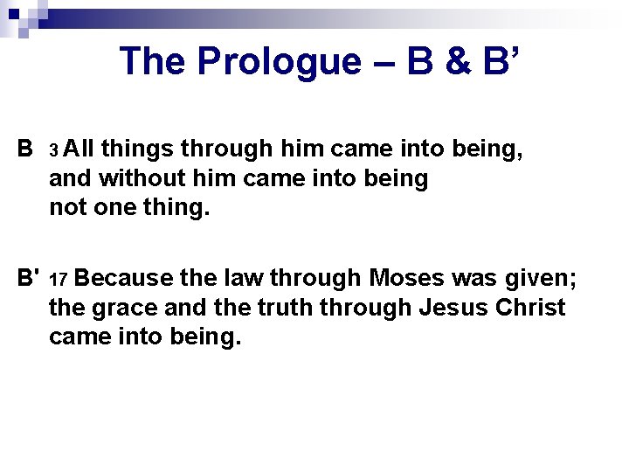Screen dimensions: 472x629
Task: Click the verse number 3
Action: tap(53, 152)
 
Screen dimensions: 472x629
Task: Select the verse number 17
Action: tap(58, 281)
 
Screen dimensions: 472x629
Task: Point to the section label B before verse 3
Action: tap(25, 149)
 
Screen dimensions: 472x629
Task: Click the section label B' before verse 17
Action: tap(29, 279)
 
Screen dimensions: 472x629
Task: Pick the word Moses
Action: tap(409, 279)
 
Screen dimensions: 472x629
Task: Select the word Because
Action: tap(123, 279)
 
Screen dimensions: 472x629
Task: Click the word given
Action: tap(540, 279)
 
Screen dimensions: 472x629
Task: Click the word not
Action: tap(67, 209)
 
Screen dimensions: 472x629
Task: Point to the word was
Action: tap(477, 279)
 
